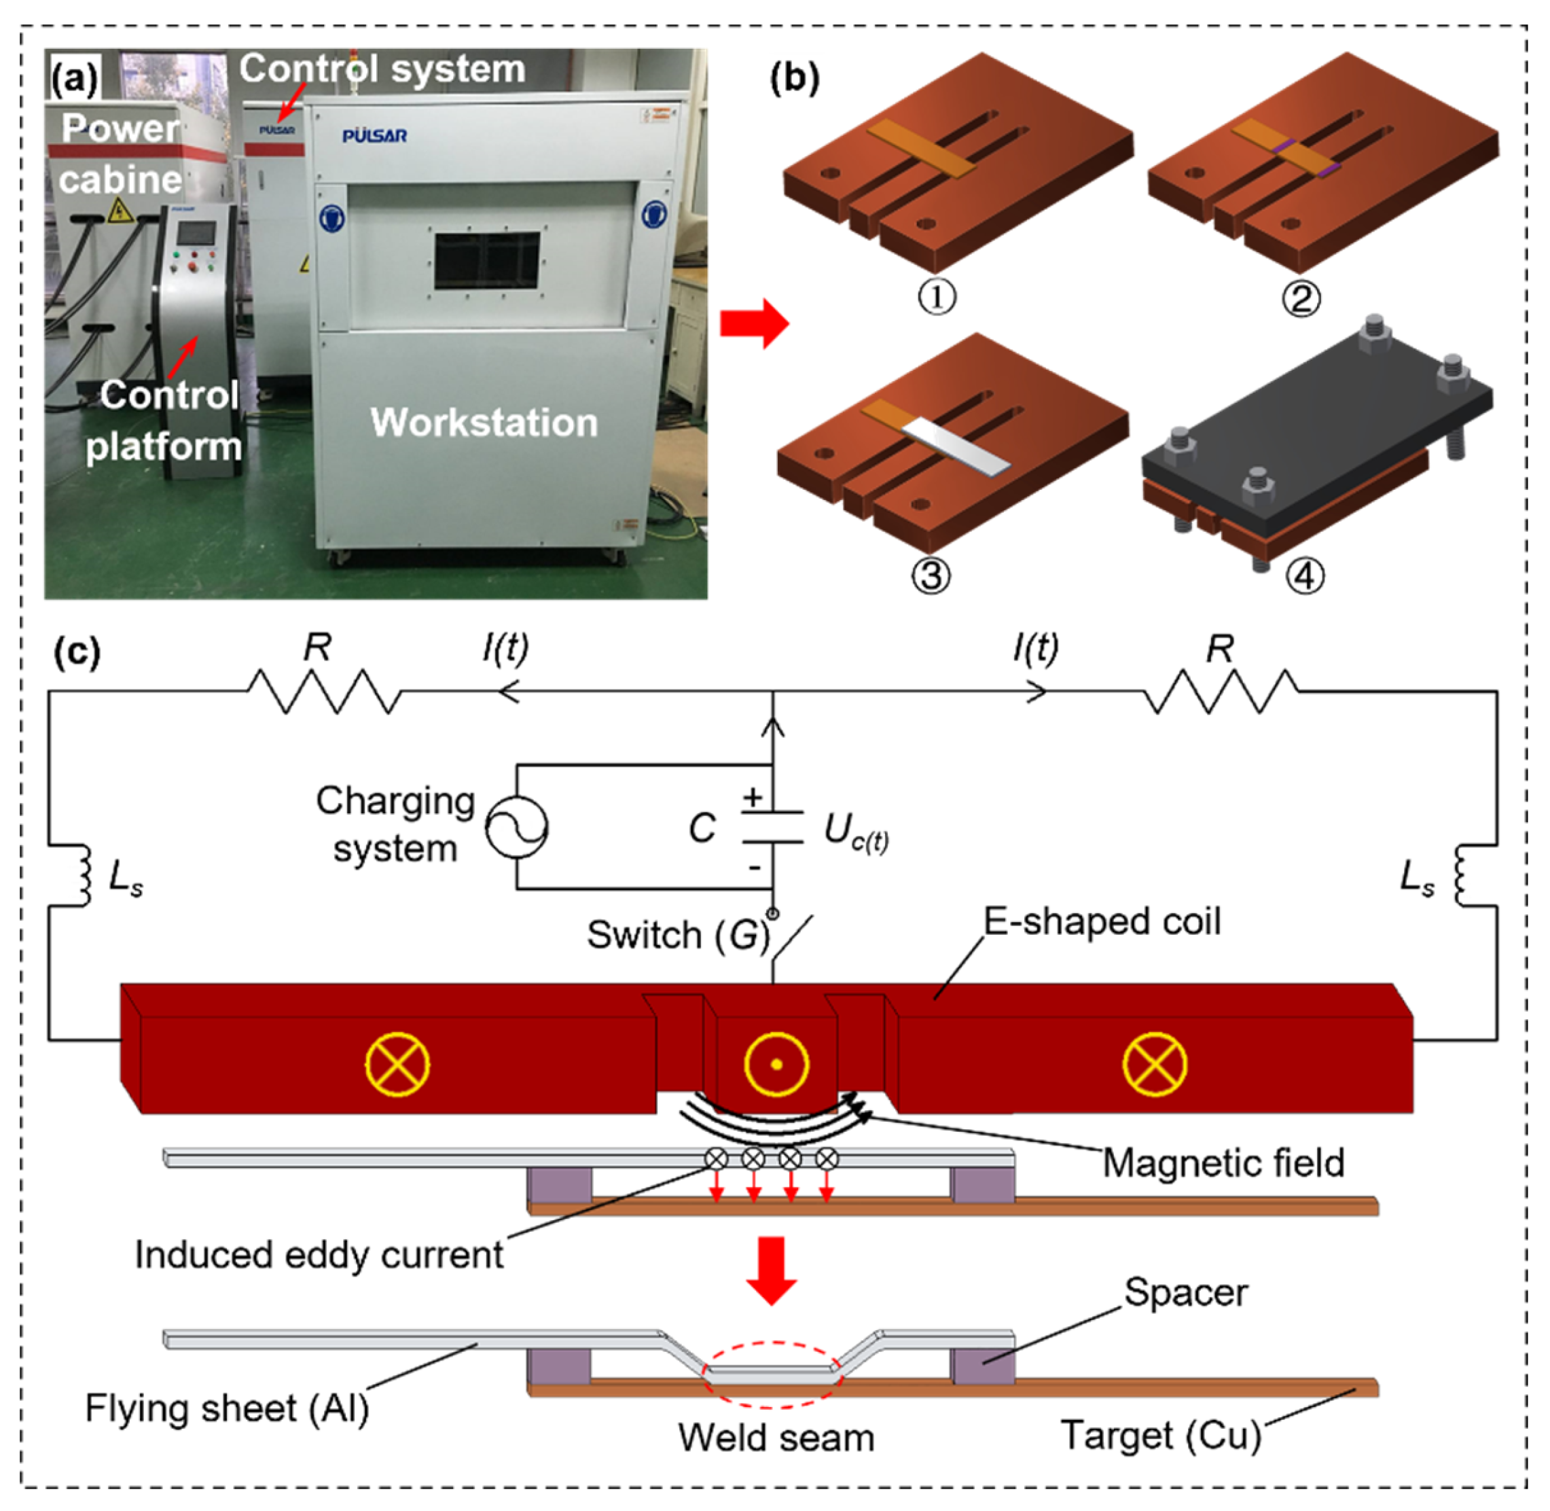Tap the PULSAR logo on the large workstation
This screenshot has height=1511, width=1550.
pyautogui.click(x=374, y=136)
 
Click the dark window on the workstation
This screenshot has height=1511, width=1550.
pyautogui.click(x=486, y=260)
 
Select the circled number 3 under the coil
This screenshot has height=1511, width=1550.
pyautogui.click(x=931, y=576)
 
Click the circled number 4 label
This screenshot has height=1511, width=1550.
pyautogui.click(x=1305, y=576)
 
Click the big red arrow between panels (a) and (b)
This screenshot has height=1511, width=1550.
pyautogui.click(x=753, y=324)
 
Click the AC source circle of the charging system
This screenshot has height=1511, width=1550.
pyautogui.click(x=516, y=828)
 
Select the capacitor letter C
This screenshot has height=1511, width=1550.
pyautogui.click(x=702, y=828)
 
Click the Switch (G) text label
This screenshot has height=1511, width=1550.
pyautogui.click(x=679, y=935)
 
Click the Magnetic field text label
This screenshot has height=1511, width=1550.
pyautogui.click(x=1223, y=1163)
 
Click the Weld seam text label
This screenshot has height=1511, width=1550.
pyautogui.click(x=776, y=1438)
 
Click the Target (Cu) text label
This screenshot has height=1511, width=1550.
pyautogui.click(x=1161, y=1435)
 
